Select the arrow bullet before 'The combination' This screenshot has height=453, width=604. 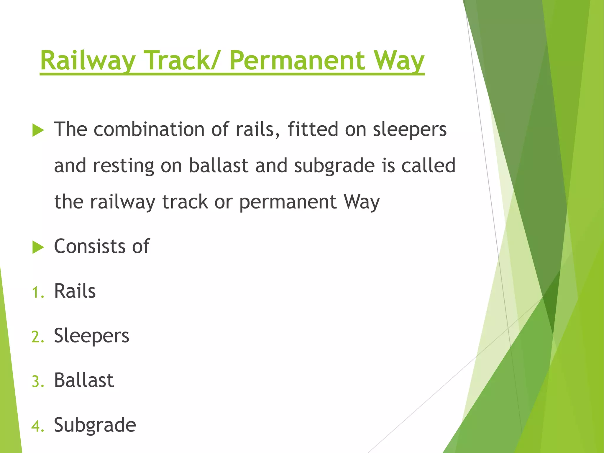click(x=38, y=130)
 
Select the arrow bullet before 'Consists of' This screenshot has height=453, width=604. click(x=38, y=247)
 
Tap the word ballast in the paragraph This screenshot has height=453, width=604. click(x=218, y=165)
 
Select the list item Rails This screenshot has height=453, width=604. click(x=75, y=291)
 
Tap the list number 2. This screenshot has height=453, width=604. click(x=37, y=337)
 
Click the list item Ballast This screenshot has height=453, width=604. click(x=84, y=380)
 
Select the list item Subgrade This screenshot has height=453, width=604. click(x=95, y=425)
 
